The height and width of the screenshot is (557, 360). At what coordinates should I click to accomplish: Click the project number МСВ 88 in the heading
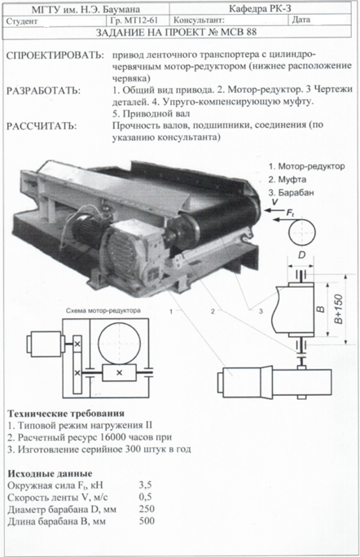click(x=238, y=33)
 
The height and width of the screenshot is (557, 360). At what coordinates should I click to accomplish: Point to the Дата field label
click(x=301, y=20)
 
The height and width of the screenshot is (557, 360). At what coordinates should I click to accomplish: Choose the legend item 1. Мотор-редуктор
click(x=307, y=166)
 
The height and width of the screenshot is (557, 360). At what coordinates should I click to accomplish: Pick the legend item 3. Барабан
click(x=291, y=193)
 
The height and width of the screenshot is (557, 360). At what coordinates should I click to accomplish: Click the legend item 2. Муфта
click(x=287, y=179)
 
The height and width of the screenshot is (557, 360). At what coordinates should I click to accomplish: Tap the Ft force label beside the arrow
click(x=290, y=213)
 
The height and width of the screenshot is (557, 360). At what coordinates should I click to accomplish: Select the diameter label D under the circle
click(x=301, y=255)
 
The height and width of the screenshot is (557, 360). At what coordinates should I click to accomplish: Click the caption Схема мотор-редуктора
click(x=104, y=311)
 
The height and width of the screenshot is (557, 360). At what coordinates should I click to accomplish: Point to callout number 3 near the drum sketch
click(x=261, y=311)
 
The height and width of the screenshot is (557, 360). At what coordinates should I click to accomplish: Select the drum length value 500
click(x=147, y=521)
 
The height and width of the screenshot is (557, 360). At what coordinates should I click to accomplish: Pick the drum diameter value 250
click(x=147, y=509)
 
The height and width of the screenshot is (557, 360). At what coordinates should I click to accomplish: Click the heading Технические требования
click(x=66, y=414)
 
